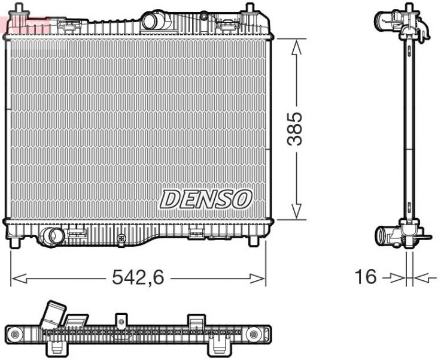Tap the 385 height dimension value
pyautogui.click(x=294, y=128)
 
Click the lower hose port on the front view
pyautogui.click(x=53, y=236)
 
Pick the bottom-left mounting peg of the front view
pyautogui.click(x=16, y=243)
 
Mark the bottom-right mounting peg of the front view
pyautogui.click(x=255, y=241)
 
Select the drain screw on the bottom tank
pyautogui.click(x=122, y=238)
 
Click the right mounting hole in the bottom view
pyautogui.click(x=254, y=332)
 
